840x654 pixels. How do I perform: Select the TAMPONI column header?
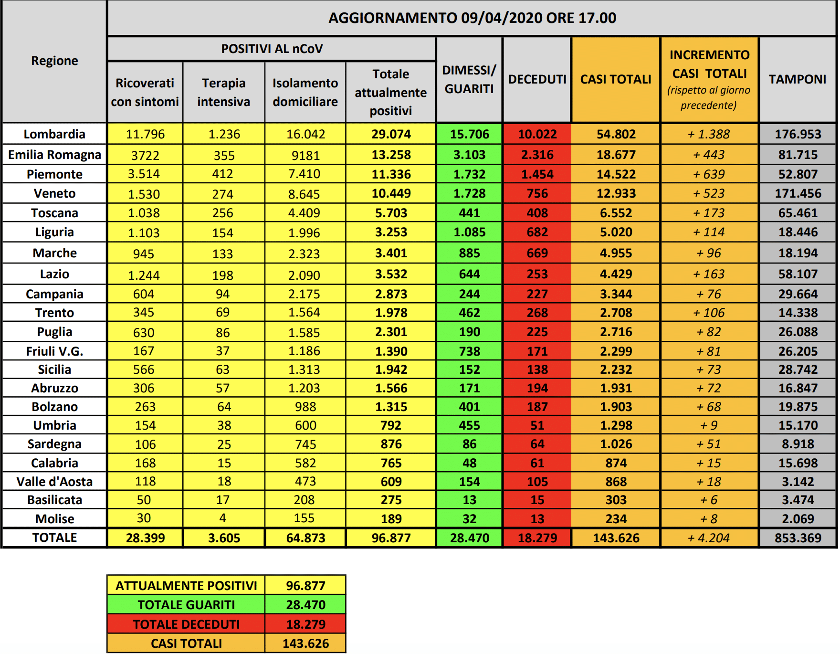[x=797, y=79]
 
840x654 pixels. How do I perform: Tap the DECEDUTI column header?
[x=537, y=79]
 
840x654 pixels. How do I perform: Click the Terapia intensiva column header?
[x=223, y=92]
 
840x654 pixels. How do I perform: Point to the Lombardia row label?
[x=54, y=134]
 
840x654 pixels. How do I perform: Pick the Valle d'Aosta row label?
[x=54, y=482]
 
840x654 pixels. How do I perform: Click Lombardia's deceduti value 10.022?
[x=537, y=134]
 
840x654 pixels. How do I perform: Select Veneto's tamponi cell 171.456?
[x=798, y=193]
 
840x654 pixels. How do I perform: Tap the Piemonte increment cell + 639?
[x=709, y=174]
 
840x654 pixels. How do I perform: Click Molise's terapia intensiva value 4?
[x=222, y=518]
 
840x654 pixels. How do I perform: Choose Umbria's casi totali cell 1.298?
[x=616, y=425]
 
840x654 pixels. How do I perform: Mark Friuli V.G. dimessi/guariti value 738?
[x=469, y=351]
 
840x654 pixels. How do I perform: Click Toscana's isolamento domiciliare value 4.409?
[x=305, y=213]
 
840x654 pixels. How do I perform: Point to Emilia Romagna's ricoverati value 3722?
[x=145, y=155]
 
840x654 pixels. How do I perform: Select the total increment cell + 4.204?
[x=709, y=538]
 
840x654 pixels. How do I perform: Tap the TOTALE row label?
[x=54, y=538]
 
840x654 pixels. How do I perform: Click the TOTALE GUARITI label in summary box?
[x=186, y=605]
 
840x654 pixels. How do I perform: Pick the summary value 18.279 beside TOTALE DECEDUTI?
[x=305, y=624]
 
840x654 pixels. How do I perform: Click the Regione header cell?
[x=54, y=61]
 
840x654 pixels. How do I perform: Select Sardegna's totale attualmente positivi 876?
[x=391, y=444]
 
